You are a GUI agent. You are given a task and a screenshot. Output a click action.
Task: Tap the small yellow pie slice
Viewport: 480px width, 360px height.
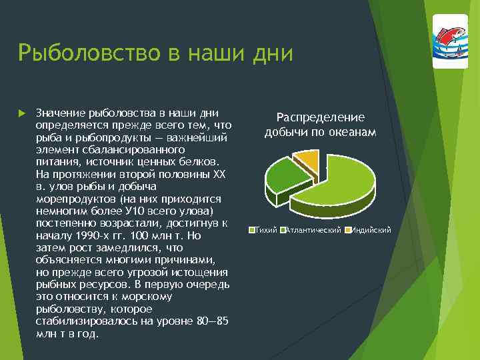click(307, 159)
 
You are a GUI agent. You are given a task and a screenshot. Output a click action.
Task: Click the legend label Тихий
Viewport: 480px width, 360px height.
click(267, 230)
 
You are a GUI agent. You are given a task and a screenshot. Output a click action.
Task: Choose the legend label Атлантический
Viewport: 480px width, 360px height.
click(313, 230)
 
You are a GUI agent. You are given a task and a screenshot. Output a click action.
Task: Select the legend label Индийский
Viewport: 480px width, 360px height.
click(371, 230)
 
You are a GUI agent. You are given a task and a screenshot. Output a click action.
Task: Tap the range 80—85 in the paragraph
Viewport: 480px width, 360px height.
click(213, 321)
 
